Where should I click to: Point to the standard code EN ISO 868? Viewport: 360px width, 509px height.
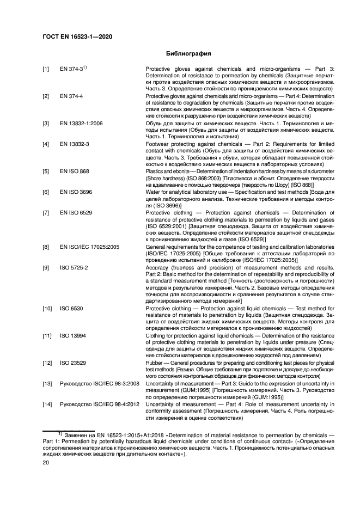[75, 171]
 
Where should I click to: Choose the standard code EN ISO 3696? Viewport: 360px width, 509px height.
[76, 192]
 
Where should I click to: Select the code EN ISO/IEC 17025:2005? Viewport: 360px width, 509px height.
[87, 247]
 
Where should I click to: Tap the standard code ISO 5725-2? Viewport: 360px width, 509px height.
[74, 267]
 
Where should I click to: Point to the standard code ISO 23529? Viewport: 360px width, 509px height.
[72, 363]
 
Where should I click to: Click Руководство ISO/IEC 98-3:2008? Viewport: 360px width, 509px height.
[99, 384]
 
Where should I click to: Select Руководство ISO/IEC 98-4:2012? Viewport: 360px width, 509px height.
[99, 404]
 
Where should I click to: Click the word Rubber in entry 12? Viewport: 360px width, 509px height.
[155, 363]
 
